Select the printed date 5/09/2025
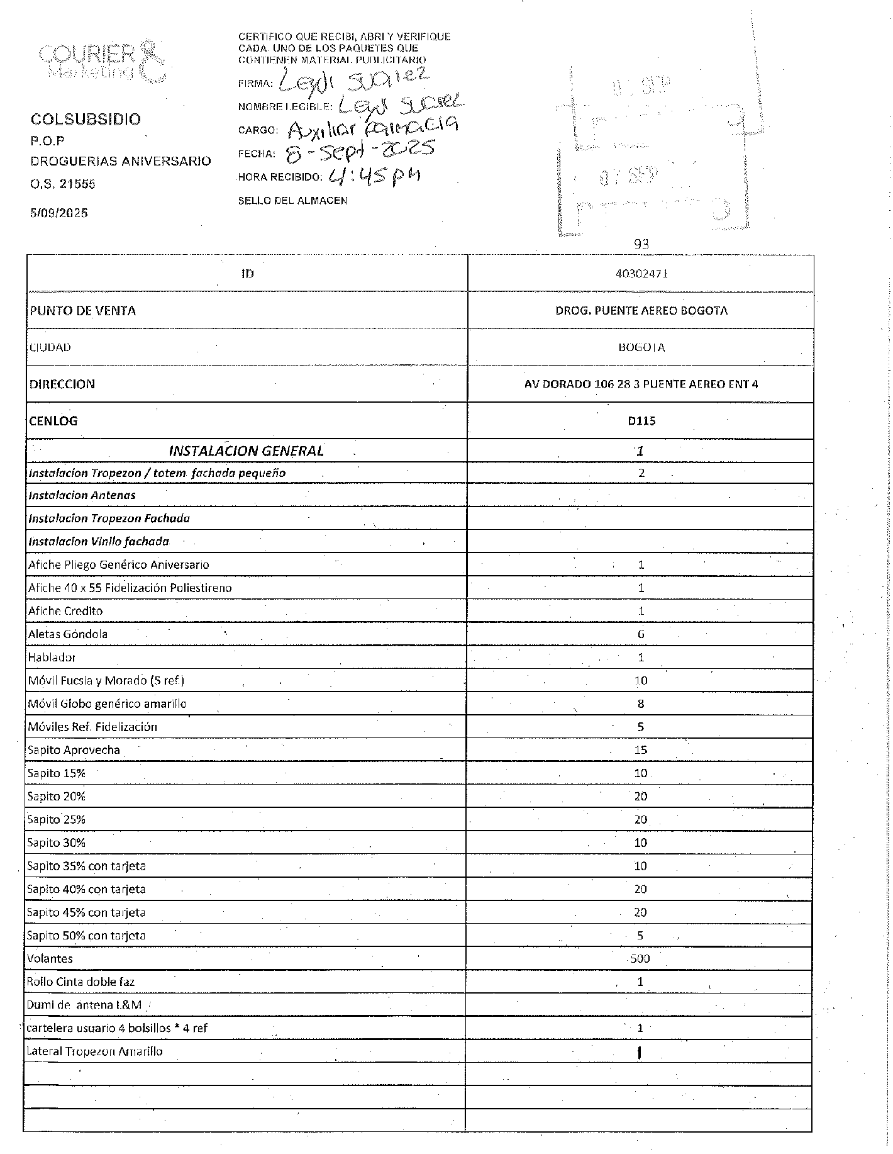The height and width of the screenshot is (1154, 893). (59, 213)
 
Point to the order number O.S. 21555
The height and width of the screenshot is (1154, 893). (63, 184)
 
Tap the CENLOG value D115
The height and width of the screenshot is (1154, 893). (641, 421)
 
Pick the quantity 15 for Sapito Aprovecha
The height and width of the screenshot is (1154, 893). (640, 749)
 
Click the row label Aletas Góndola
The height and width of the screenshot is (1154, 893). (67, 634)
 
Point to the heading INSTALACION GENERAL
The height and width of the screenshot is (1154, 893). (246, 451)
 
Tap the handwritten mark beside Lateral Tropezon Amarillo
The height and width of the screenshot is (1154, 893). (639, 1052)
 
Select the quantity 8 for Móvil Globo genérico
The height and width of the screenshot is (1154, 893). (641, 703)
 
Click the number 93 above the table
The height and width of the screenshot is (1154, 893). (641, 244)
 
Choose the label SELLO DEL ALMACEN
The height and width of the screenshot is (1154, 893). (292, 201)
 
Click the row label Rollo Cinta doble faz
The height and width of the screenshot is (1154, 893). (81, 982)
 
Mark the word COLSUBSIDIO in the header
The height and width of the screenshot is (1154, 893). (86, 119)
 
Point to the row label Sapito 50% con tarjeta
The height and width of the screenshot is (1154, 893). (86, 936)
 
